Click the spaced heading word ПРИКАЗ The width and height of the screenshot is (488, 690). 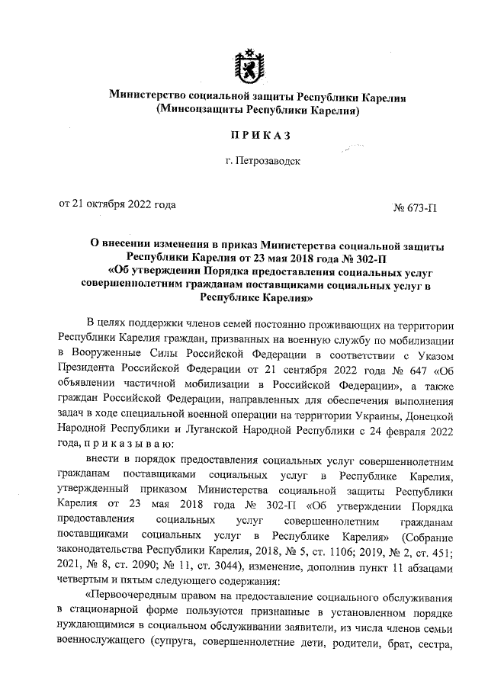pyautogui.click(x=245, y=136)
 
